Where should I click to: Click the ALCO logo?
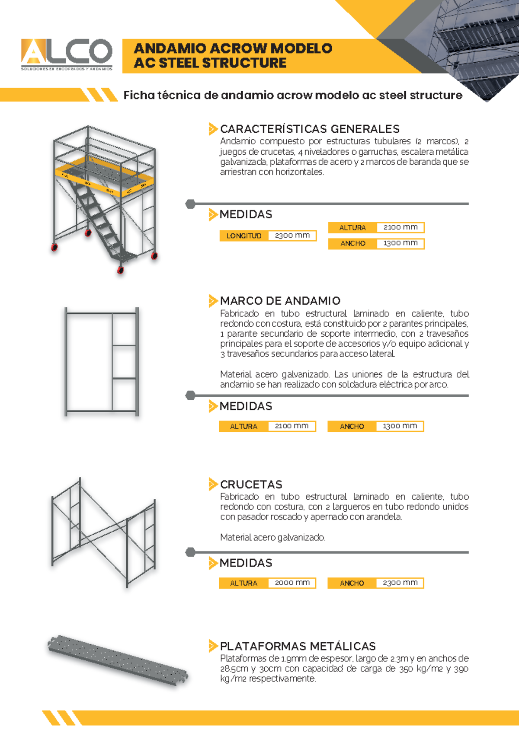(x=67, y=54)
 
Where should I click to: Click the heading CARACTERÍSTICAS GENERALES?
(x=309, y=129)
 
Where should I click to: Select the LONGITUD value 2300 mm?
(x=292, y=236)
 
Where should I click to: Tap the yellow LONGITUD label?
(x=244, y=236)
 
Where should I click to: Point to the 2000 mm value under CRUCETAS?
(x=292, y=583)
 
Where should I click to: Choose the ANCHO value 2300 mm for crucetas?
(x=400, y=583)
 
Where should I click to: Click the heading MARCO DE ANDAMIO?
(x=280, y=300)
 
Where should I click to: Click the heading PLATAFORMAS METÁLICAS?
(x=298, y=646)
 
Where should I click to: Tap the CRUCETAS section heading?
(x=251, y=484)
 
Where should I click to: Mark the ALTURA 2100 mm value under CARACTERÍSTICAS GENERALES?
(x=400, y=227)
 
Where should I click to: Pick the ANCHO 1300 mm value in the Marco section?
(x=400, y=426)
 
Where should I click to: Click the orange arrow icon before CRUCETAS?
(x=212, y=484)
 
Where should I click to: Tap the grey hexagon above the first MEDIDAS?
(x=190, y=204)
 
